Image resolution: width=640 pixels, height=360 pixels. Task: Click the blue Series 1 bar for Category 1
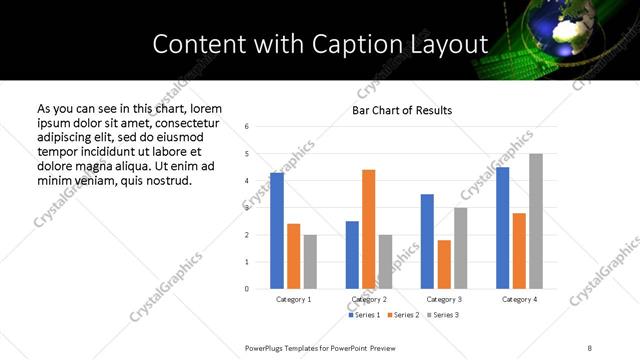[x=277, y=231]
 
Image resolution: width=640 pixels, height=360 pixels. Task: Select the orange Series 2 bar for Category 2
[x=368, y=229]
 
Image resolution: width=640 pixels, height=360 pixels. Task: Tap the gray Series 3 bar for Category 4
[x=536, y=221]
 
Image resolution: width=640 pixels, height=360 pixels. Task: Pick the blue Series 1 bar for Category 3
[x=427, y=241]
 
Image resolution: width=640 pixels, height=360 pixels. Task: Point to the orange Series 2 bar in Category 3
[x=443, y=264]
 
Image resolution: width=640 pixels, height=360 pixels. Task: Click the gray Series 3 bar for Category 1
[x=310, y=262]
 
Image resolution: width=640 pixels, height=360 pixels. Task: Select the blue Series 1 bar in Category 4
[x=502, y=228]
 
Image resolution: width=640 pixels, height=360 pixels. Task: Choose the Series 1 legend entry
[x=364, y=315]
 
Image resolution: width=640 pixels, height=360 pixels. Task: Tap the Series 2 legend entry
[x=402, y=315]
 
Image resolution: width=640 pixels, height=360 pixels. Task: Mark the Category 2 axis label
[x=369, y=299]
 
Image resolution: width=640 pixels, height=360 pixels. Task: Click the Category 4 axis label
[x=520, y=299]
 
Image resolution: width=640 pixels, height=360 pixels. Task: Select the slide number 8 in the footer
[x=589, y=346]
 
